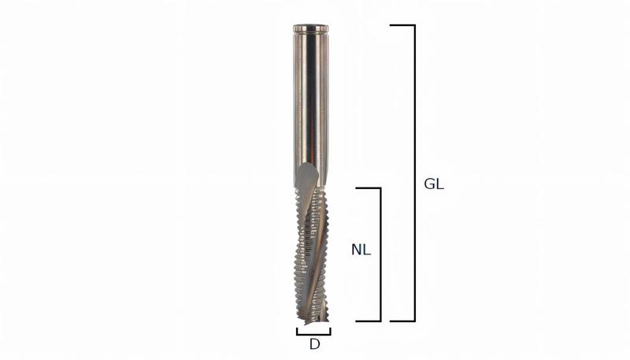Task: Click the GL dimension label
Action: coord(434,184)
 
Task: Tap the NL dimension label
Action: coord(361,251)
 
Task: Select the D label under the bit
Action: coord(314,344)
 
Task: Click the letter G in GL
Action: coord(429,184)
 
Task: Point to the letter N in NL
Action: coord(356,251)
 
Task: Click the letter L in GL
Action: coord(440,184)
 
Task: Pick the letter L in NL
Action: coord(366,251)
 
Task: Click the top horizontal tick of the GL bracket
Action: coord(402,25)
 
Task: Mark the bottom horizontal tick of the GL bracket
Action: coord(402,321)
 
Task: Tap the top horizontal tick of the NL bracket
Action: coord(369,188)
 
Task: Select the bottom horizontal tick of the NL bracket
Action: coord(369,321)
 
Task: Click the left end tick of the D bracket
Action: coord(298,331)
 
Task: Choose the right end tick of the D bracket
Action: coord(330,331)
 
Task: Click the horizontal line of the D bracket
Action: coord(313,334)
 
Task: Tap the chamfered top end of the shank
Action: coord(310,28)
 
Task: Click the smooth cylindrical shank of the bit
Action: coord(310,95)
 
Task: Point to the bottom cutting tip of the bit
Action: coord(313,320)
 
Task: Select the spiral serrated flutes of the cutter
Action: coord(313,244)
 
